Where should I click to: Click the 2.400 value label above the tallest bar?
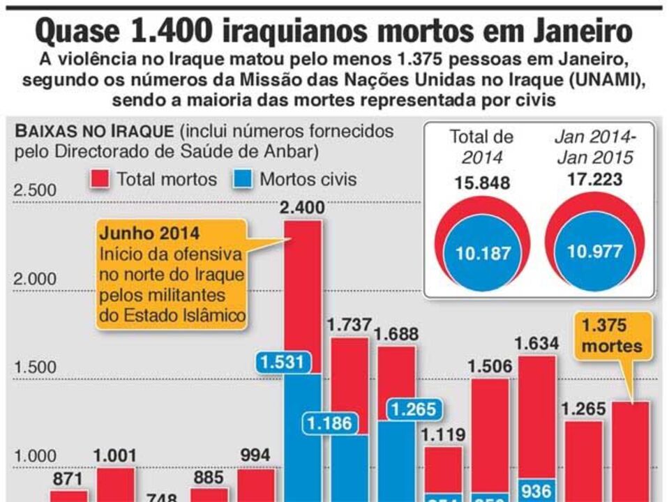302,207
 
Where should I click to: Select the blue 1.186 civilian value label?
329,423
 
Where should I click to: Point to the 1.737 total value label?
349,325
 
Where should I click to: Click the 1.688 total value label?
396,334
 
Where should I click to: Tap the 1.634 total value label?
536,343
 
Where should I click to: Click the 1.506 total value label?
490,366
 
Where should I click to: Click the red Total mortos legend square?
100,180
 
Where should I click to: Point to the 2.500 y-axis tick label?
35,190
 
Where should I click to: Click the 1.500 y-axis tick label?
35,368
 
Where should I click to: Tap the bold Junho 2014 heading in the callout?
149,232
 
